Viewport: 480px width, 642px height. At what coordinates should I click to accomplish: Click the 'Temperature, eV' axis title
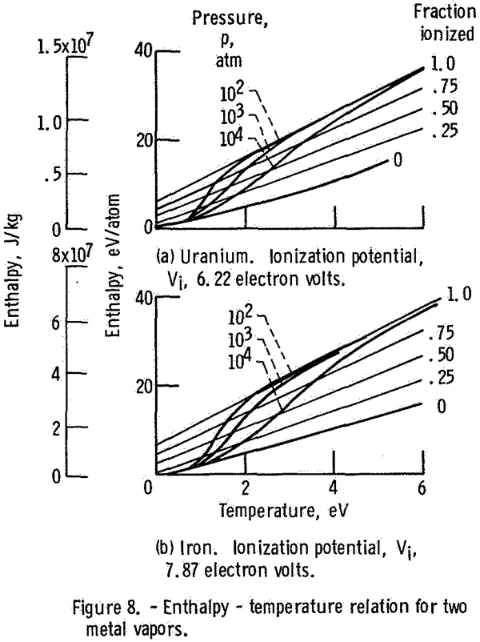point(284,511)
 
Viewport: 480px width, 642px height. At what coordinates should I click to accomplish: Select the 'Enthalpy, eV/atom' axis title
point(113,265)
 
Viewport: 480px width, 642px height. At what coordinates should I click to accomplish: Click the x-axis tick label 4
point(334,488)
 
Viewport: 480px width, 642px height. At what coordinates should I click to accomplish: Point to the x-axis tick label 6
point(422,488)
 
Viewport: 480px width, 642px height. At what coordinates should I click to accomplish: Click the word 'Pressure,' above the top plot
point(230,19)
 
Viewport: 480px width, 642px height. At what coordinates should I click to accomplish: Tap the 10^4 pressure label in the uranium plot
point(231,138)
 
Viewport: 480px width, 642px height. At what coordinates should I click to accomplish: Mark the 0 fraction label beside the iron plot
point(441,407)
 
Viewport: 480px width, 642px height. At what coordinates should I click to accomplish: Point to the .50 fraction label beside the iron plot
point(442,355)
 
